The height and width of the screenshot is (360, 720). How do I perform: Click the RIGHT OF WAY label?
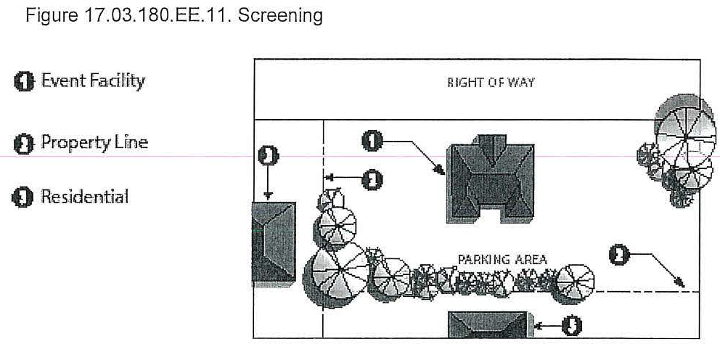coord(491,83)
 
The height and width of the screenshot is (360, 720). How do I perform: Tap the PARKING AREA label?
coord(502,259)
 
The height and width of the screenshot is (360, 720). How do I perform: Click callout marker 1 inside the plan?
coord(372,141)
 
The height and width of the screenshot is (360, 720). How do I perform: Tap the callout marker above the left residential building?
coord(268,155)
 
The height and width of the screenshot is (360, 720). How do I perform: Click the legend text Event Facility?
coord(92,81)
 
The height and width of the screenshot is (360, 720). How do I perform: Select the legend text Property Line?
coord(94,142)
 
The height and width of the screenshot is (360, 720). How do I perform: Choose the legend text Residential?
coord(85,196)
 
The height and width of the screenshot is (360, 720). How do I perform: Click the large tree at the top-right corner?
coord(684,131)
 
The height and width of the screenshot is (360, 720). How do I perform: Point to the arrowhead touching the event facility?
coord(442,172)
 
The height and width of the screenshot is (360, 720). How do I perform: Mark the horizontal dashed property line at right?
coord(646,291)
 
